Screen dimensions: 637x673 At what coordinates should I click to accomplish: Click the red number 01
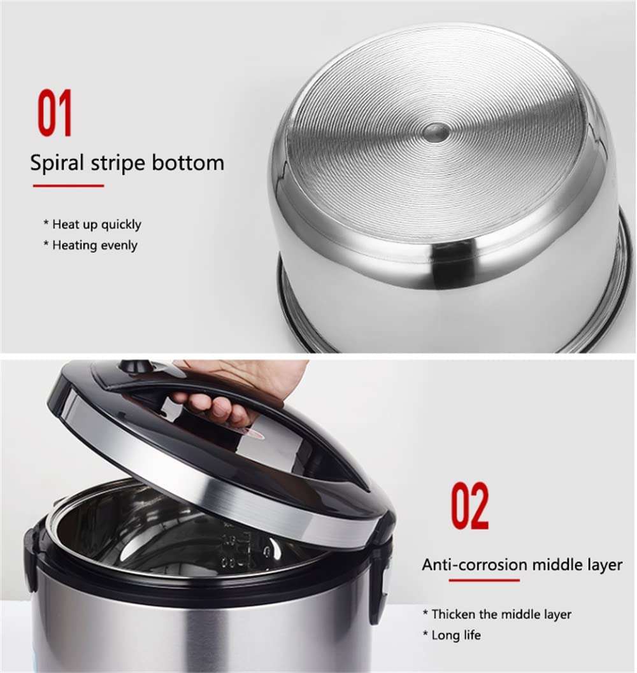pos(55,113)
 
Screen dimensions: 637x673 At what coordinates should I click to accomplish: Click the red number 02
pos(470,506)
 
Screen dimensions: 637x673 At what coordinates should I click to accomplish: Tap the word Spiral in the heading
pos(57,163)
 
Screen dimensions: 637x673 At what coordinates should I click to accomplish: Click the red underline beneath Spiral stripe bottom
pos(69,186)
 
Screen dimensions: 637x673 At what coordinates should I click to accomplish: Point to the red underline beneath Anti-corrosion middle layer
pos(484,580)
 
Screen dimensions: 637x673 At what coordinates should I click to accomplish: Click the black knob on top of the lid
pos(133,367)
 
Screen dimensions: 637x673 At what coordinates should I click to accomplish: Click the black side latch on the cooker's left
pos(30,558)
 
